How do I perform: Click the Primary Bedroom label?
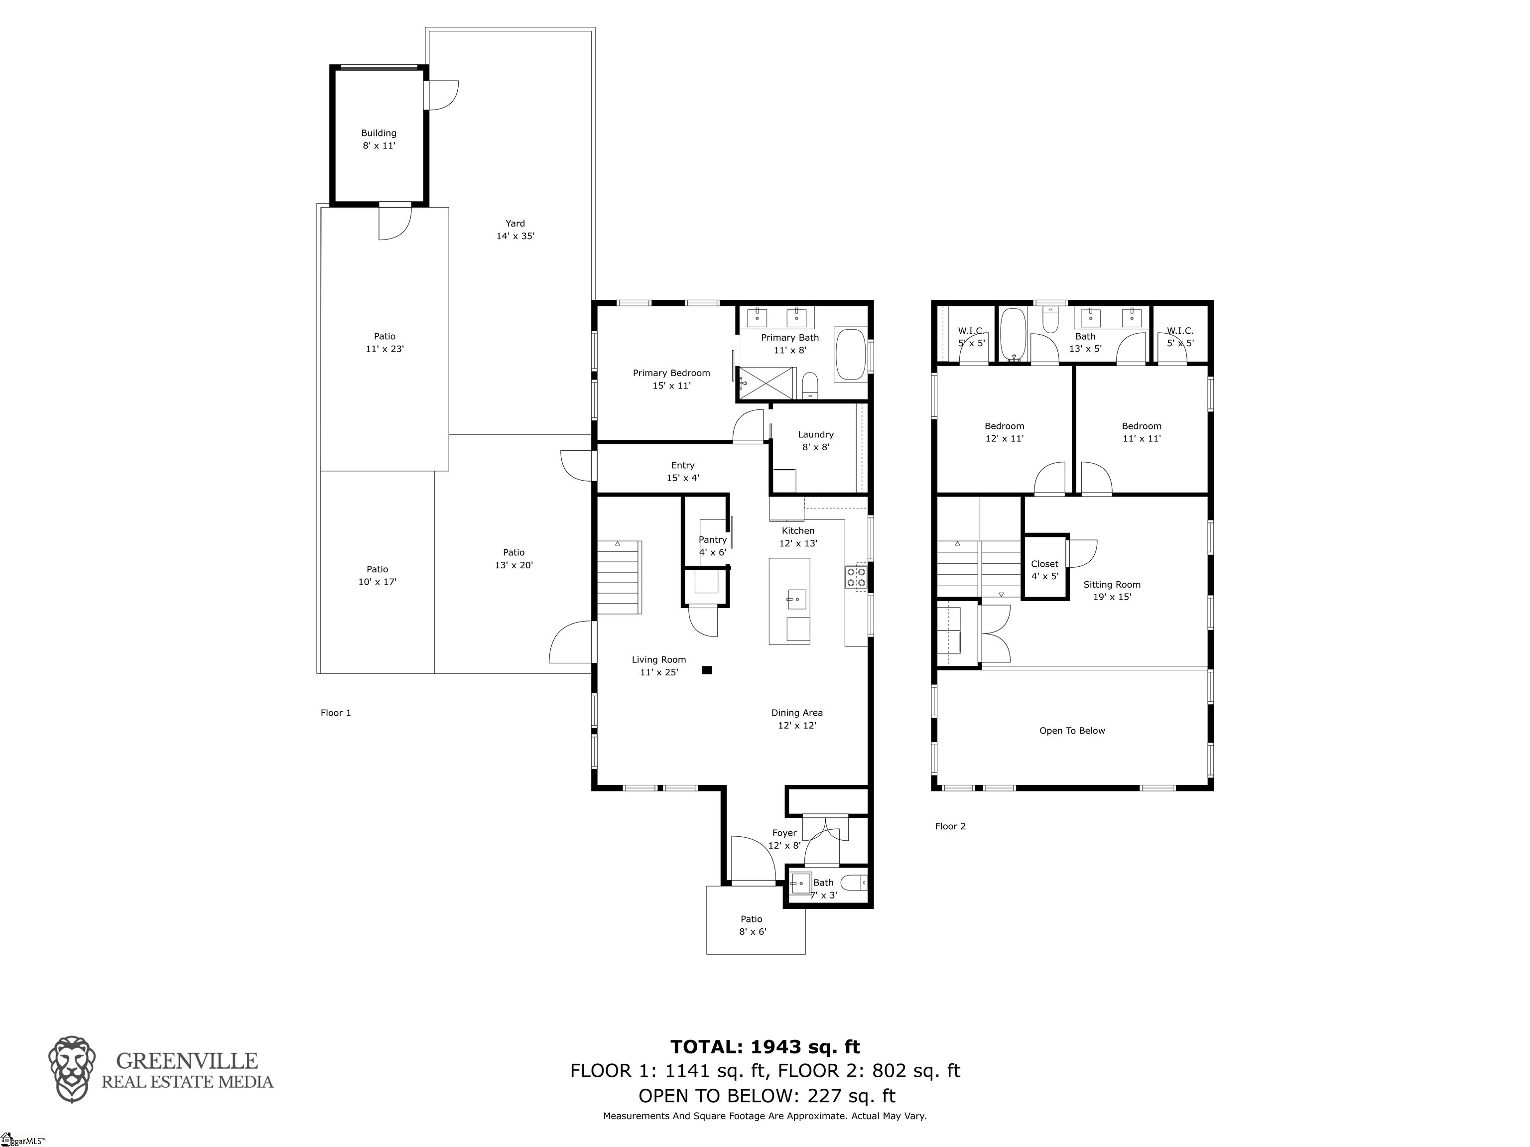[671, 379]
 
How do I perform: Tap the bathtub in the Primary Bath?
[850, 355]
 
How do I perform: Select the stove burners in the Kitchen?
[856, 577]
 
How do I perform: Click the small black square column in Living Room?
[707, 670]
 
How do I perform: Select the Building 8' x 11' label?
[379, 139]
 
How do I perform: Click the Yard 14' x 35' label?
[515, 230]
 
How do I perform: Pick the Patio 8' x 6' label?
[752, 925]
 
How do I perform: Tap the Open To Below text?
[1072, 731]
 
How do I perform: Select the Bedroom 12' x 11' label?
[1005, 432]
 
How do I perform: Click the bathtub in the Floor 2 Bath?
[1015, 335]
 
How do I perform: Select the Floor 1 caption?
[336, 713]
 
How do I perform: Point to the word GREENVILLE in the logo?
[187, 1060]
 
